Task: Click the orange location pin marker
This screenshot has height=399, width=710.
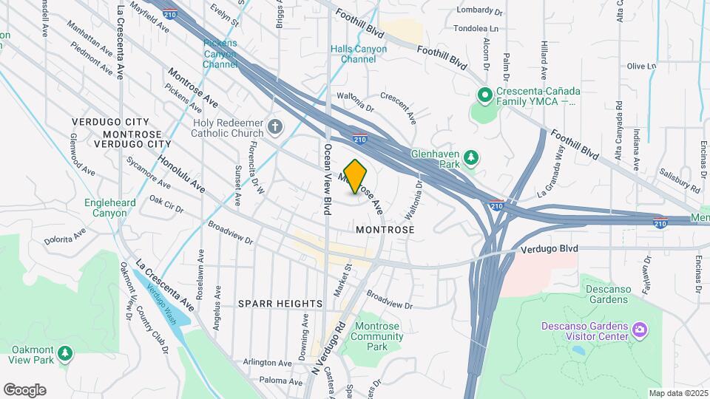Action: pyautogui.click(x=356, y=177)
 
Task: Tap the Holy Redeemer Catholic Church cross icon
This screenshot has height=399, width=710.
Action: pyautogui.click(x=275, y=127)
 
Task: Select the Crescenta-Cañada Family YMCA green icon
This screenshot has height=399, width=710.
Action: pyautogui.click(x=485, y=95)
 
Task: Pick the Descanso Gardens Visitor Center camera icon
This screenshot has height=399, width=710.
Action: pyautogui.click(x=640, y=327)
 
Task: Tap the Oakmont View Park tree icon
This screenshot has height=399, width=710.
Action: pyautogui.click(x=66, y=354)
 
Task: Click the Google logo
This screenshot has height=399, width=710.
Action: pyautogui.click(x=24, y=389)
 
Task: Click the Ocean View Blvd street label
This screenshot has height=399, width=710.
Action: pyautogui.click(x=326, y=179)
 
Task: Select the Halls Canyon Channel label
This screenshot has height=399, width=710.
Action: pyautogui.click(x=359, y=53)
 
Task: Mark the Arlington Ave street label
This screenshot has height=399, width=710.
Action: pyautogui.click(x=267, y=363)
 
